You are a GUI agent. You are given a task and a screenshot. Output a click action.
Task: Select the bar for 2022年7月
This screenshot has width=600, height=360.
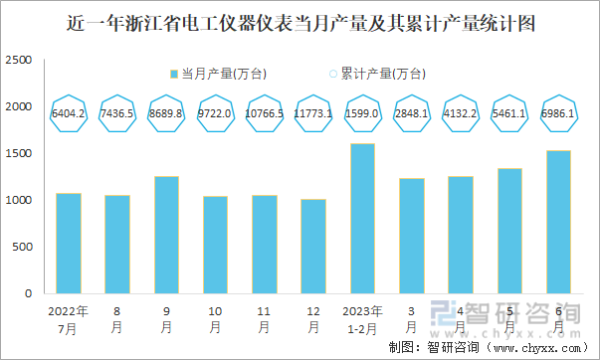(x=69, y=243)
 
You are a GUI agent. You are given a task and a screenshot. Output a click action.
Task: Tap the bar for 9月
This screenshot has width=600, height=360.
(x=166, y=235)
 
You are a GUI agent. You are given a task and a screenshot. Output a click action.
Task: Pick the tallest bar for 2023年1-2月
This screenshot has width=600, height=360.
(x=362, y=219)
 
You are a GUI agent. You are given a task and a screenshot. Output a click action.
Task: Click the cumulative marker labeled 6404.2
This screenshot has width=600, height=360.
(x=69, y=113)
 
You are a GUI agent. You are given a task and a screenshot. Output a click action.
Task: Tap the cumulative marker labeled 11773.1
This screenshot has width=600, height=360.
(x=313, y=113)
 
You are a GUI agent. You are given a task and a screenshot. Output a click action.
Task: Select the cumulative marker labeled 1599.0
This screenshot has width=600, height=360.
(x=362, y=113)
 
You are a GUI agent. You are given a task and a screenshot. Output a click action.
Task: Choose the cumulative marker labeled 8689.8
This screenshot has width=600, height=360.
(x=166, y=113)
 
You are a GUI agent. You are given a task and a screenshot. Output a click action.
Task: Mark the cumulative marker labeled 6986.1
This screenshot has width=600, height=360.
(x=558, y=113)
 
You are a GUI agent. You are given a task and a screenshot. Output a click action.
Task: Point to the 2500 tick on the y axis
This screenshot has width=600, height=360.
(x=19, y=61)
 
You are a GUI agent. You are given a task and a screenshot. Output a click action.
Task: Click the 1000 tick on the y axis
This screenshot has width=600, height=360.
(x=19, y=201)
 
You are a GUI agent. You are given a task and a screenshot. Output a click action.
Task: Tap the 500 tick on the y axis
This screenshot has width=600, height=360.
(x=22, y=248)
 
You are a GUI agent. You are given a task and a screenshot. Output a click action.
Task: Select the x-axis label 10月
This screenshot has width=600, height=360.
(x=215, y=318)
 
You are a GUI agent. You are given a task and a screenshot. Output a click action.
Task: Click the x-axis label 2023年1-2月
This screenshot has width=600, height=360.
(x=362, y=318)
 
